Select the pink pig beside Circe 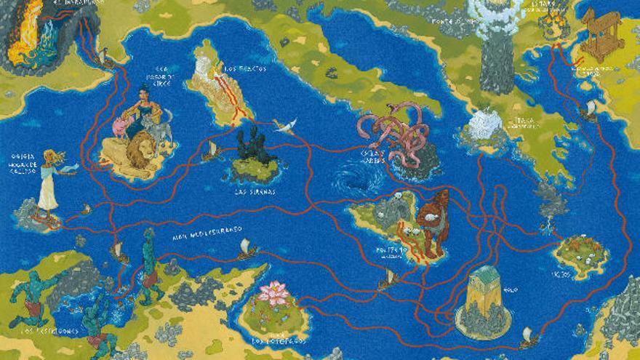tap(119, 128)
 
